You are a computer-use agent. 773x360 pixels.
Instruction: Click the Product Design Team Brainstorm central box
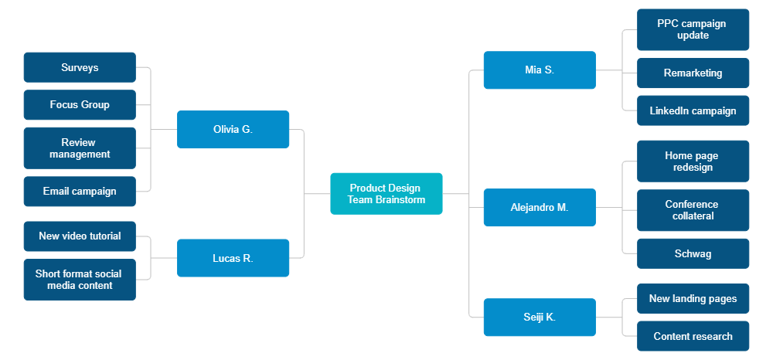386,193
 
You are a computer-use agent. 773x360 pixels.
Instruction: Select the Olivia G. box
233,130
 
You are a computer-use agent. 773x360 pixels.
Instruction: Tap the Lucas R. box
233,258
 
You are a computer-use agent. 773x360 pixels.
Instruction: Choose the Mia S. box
539,70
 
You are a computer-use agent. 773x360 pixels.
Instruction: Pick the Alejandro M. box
539,208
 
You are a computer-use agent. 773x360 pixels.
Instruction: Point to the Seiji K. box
539,317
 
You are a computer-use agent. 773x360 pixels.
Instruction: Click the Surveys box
80,67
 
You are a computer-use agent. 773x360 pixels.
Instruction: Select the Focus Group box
80,105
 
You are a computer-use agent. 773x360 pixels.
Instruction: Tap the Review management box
80,148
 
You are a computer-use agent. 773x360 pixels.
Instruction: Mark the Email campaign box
80,192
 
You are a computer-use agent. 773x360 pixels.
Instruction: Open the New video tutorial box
80,236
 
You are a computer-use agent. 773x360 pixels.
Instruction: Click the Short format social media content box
80,280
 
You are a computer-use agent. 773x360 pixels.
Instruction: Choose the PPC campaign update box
693,29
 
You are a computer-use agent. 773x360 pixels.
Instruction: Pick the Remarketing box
693,73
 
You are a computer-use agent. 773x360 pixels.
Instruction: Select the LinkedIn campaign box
693,110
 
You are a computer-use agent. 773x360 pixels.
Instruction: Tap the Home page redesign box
693,161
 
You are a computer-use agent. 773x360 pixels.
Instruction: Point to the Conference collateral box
693,210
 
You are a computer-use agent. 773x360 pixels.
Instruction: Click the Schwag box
693,253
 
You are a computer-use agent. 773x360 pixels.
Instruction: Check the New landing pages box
693,298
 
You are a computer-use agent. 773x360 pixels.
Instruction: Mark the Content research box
693,336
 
